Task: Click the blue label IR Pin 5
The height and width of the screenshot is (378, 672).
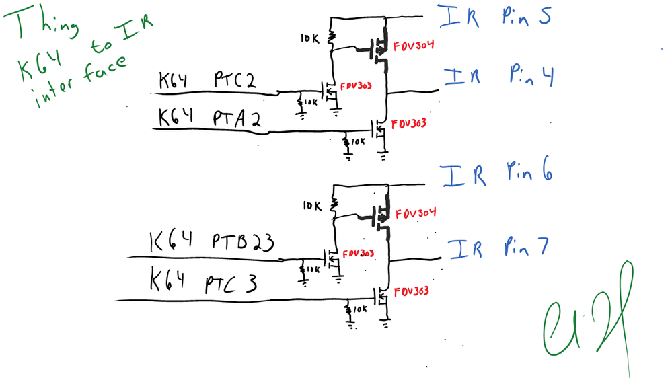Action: pos(494,17)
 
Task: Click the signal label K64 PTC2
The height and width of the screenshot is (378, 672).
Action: pos(207,82)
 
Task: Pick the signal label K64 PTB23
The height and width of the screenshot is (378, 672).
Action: pos(211,242)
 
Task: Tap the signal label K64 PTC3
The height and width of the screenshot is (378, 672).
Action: pos(202,282)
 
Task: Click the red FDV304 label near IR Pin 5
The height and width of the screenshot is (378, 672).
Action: pos(414,46)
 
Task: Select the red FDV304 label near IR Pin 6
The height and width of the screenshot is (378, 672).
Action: pos(415,213)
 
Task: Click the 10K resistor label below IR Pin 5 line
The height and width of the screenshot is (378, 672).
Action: pos(311,40)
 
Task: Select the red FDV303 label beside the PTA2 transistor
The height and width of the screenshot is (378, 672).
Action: pos(409,124)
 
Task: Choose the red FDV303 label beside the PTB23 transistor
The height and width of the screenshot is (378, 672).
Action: pos(358,254)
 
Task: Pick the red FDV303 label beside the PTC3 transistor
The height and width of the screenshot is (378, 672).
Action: pos(412,291)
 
